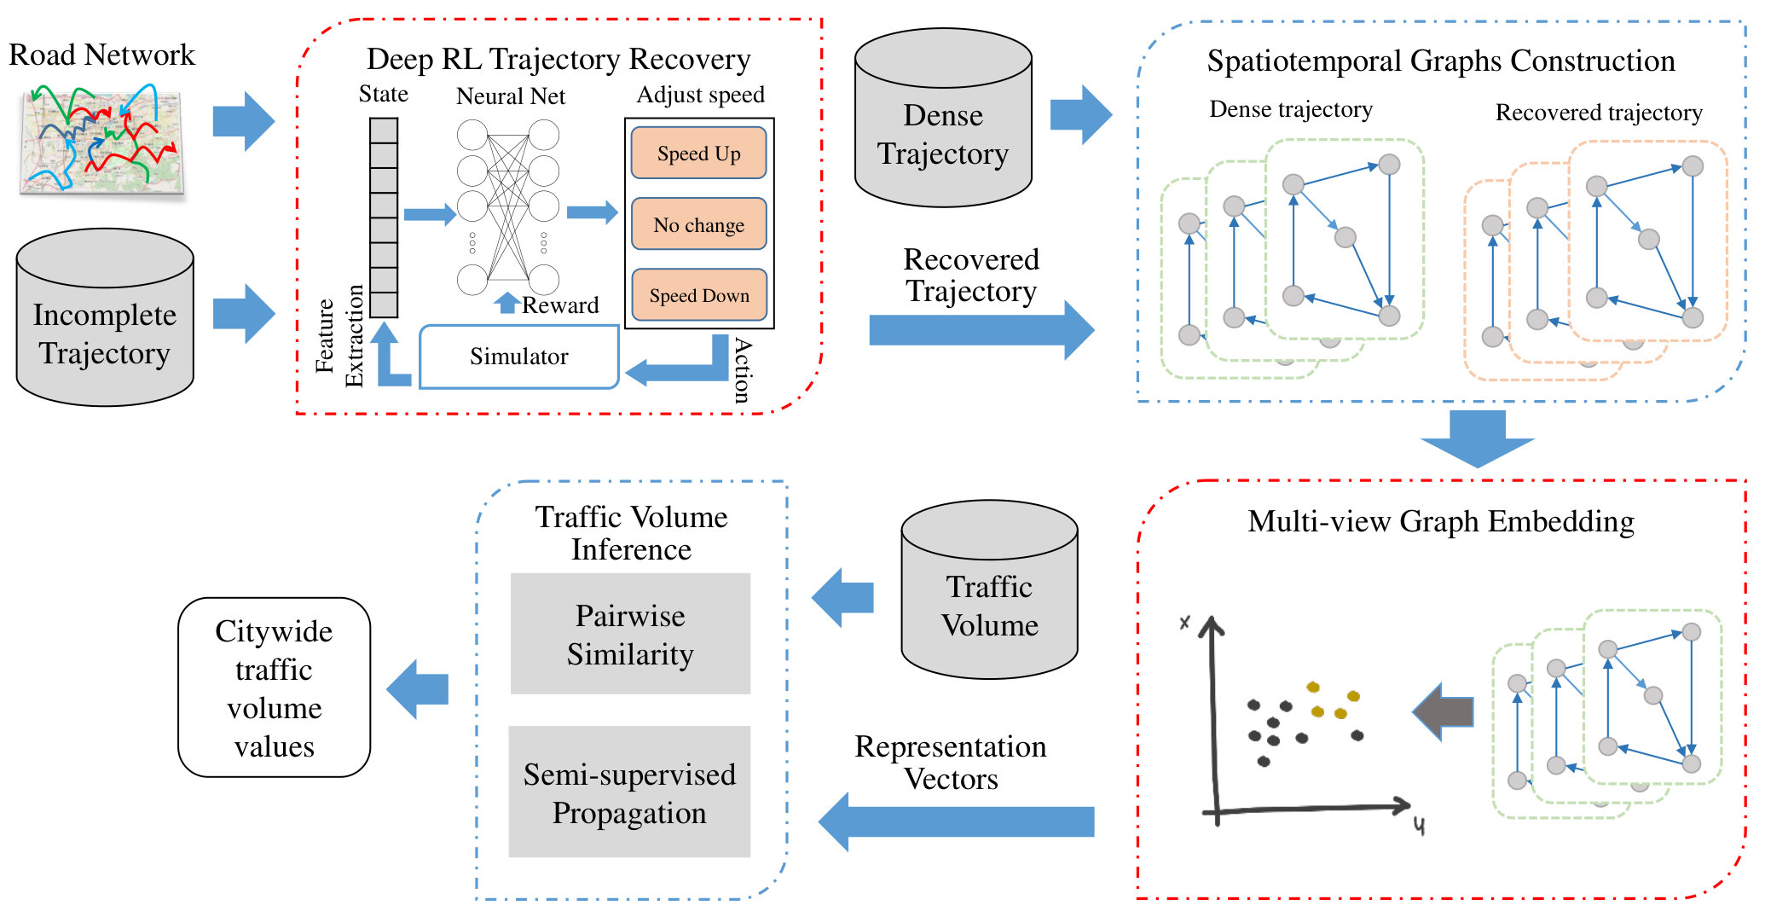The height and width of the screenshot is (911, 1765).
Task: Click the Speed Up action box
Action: [x=698, y=153]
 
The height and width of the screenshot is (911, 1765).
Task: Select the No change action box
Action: [x=698, y=223]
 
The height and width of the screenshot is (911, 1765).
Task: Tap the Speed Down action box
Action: [x=698, y=294]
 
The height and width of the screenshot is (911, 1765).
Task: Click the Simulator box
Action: [x=519, y=356]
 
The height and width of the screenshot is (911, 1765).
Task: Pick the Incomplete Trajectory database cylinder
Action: [x=105, y=317]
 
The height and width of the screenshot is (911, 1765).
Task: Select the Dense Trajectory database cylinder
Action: [x=943, y=118]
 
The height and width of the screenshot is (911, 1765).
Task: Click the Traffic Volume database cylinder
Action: [x=990, y=589]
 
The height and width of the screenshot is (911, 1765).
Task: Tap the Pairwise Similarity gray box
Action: [x=630, y=634]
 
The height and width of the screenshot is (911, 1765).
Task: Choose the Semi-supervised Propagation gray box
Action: [x=629, y=792]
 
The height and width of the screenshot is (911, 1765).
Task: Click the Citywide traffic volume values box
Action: [x=274, y=688]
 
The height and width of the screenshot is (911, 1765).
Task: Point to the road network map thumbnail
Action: [x=102, y=141]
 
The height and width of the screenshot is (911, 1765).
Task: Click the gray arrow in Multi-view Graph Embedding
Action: [x=1443, y=711]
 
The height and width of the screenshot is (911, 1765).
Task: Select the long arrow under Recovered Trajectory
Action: [x=981, y=330]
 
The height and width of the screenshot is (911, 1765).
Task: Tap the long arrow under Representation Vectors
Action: [x=956, y=821]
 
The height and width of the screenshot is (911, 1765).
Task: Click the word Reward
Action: [x=560, y=305]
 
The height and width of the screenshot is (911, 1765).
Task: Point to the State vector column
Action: [x=384, y=218]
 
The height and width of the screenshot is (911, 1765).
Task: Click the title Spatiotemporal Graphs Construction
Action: [x=1441, y=61]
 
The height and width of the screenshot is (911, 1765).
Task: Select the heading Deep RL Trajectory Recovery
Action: [x=558, y=59]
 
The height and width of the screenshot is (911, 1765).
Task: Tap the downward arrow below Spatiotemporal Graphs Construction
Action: [x=1477, y=438]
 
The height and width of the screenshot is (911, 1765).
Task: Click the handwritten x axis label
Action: [x=1184, y=623]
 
